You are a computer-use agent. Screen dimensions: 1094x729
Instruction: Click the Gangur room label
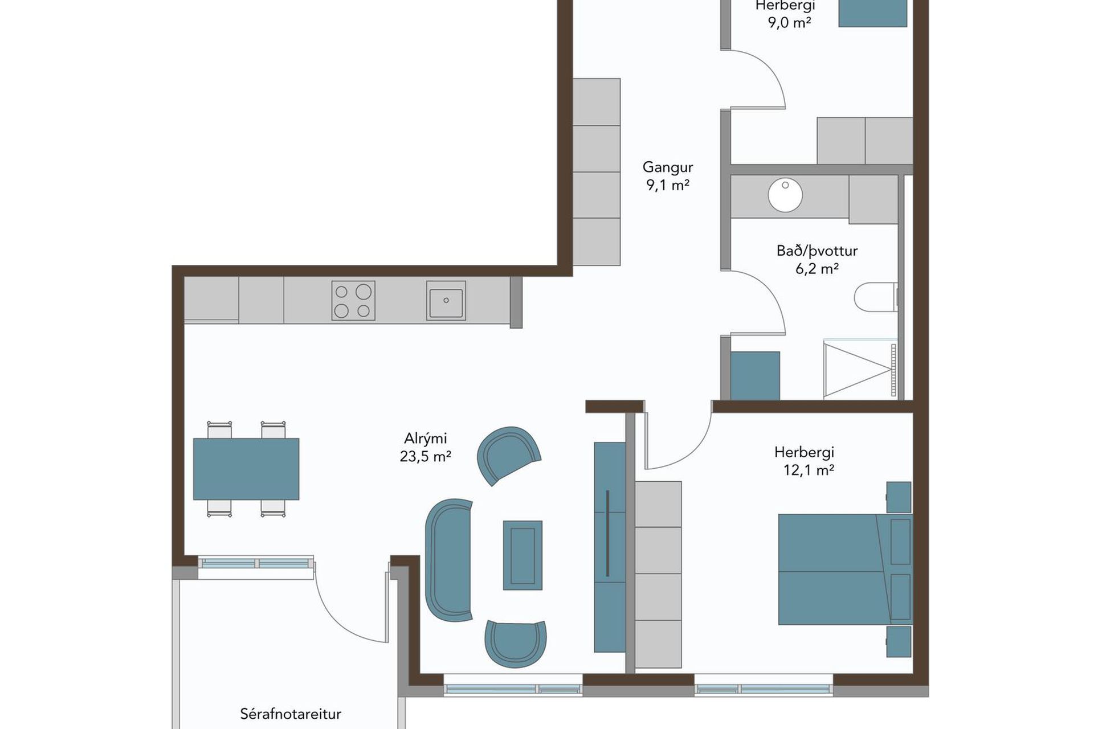pos(668,167)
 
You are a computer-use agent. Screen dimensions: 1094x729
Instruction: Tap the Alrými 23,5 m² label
pos(426,447)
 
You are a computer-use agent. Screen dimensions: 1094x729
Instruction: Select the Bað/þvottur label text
pos(817,251)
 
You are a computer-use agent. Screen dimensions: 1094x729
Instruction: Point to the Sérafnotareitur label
pos(291,714)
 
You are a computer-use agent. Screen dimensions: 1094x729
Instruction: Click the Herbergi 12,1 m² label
pos(805,461)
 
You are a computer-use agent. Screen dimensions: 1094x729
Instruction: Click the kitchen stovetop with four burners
pos(353,300)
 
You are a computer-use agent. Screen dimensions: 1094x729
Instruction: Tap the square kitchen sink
pos(446,300)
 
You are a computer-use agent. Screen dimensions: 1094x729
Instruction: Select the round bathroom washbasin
pos(785,195)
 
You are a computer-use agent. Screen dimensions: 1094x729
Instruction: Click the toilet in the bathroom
pos(876,297)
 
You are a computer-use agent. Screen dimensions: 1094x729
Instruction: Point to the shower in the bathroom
pos(860,369)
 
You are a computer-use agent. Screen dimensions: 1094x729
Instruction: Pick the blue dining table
pos(246,469)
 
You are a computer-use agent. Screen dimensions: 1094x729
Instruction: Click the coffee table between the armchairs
pos(522,555)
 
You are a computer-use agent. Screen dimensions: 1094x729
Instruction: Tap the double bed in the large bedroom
pos(845,569)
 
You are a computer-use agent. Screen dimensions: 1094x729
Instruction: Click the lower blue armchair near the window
pos(516,642)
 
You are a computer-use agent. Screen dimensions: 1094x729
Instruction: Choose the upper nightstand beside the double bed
pos(899,497)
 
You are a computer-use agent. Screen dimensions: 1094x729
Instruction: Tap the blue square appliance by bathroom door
pos(755,375)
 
